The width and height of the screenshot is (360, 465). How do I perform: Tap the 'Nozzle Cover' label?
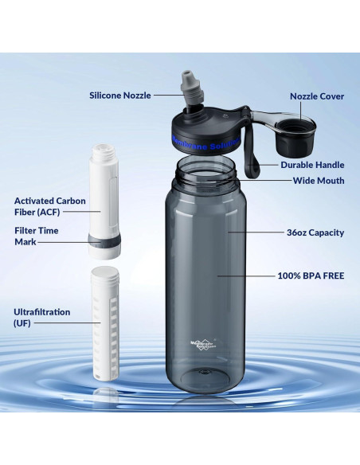coord(316,96)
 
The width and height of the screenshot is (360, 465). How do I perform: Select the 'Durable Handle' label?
coord(312,165)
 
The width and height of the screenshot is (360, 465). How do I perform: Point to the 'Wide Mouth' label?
coord(319,181)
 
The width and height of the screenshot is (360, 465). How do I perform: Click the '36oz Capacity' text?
coord(315,232)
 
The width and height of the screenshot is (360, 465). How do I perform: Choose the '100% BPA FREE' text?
coord(311,275)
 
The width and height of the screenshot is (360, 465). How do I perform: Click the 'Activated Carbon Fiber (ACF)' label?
coord(49,206)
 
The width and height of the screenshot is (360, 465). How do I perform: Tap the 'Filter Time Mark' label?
coord(36,236)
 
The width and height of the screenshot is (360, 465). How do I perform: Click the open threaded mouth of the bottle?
coord(205,168)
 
